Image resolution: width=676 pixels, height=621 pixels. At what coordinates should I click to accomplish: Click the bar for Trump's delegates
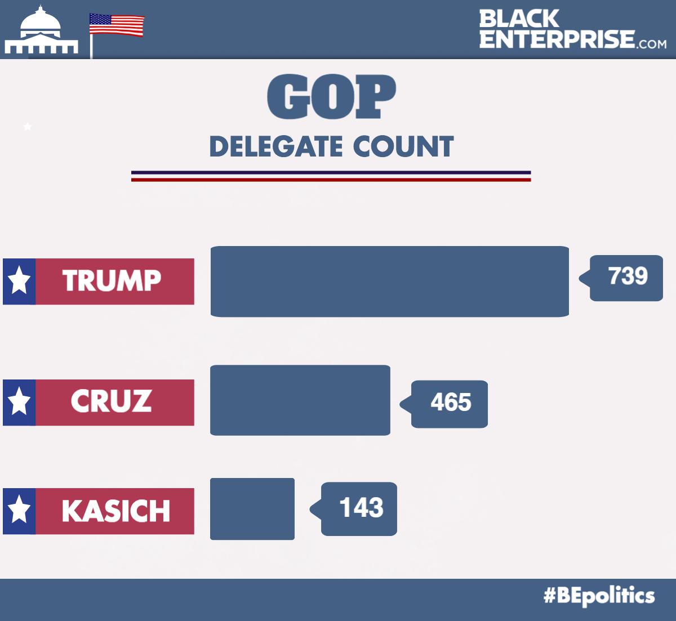[389, 282]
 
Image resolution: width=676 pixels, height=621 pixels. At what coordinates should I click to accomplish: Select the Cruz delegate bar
[300, 400]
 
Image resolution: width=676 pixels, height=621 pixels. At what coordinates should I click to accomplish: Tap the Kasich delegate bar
[252, 509]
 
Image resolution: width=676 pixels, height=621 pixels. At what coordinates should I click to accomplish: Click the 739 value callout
[627, 278]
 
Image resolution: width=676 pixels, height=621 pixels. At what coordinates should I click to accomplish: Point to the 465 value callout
[450, 404]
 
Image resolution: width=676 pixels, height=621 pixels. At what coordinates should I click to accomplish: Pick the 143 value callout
[360, 508]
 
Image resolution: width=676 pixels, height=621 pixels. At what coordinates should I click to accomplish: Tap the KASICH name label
[115, 511]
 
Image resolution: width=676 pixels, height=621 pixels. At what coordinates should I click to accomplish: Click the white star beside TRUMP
[19, 281]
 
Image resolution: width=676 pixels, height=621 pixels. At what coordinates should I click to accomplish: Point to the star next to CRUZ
[19, 402]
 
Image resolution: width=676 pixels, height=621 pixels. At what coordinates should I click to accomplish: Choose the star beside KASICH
[19, 511]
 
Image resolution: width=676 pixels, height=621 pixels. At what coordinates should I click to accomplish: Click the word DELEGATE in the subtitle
[276, 147]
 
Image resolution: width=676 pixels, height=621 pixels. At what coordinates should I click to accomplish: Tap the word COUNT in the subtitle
[403, 147]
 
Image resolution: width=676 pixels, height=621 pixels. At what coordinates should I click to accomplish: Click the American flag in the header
[117, 25]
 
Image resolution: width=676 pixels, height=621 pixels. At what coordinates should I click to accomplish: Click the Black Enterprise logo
[572, 29]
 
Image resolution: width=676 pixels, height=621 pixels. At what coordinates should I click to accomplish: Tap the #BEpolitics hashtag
[599, 596]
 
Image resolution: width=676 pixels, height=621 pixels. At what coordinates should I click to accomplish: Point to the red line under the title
[331, 180]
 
